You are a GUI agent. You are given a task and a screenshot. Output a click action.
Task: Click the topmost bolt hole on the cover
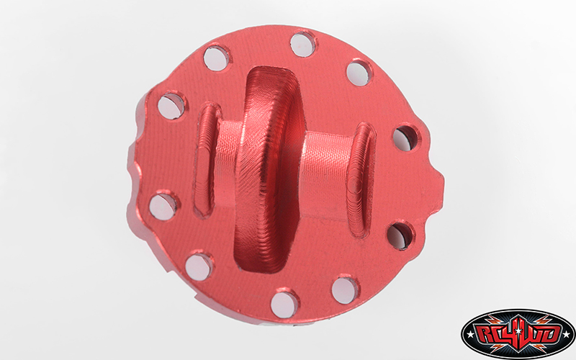[x=303, y=43]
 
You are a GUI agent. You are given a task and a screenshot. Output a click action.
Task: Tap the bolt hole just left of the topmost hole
[x=216, y=57]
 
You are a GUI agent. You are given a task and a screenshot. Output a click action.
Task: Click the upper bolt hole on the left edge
[x=171, y=106]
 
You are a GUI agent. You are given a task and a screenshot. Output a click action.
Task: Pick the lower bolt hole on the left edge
[x=163, y=206]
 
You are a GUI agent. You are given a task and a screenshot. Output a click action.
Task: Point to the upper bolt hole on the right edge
[x=405, y=138]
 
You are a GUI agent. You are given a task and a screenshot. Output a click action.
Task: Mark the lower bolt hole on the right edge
[x=400, y=235]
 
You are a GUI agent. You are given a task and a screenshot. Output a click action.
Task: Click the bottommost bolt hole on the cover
[x=284, y=303]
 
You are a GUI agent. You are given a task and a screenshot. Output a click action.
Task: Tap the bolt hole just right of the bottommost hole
[x=345, y=289]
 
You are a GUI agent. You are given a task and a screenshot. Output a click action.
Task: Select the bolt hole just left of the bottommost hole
[x=199, y=266]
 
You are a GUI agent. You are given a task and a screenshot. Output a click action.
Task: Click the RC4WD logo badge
[x=518, y=335]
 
